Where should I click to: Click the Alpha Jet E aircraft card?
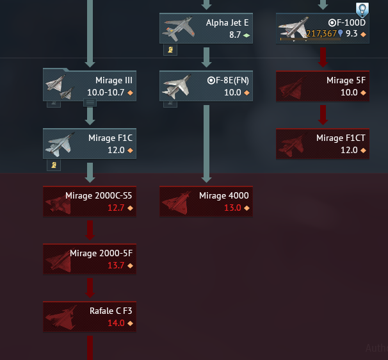pos(206,28)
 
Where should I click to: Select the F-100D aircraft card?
pos(323,28)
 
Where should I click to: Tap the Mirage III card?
pos(90,86)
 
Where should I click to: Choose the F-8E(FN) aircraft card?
pos(206,86)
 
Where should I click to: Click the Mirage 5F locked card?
pos(323,86)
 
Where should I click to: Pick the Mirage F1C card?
pos(90,143)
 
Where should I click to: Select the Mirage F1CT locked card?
pos(323,143)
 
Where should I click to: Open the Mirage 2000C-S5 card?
pos(90,201)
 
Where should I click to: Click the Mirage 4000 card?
pos(206,201)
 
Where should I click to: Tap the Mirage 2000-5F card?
pos(90,258)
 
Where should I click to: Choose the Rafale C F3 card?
pos(90,316)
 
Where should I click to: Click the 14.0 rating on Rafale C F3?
pos(116,323)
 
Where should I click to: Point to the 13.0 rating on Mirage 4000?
pos(232,208)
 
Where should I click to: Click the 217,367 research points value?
pos(321,34)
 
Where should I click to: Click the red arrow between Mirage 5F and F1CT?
pos(323,115)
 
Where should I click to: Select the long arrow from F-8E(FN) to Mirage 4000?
pos(206,144)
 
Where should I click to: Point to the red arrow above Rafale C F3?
pos(90,288)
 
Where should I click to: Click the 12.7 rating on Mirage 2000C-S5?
pos(116,208)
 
